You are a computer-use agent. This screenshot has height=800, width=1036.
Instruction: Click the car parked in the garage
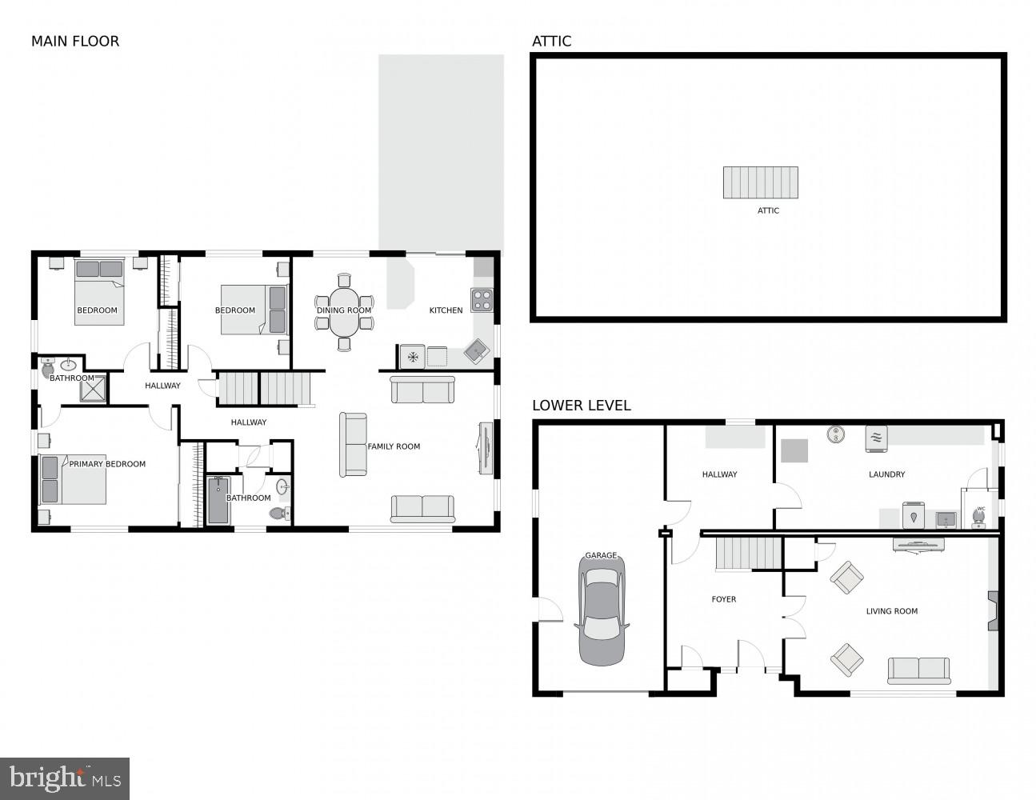click(602, 612)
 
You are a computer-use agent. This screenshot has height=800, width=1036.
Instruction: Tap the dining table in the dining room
click(344, 311)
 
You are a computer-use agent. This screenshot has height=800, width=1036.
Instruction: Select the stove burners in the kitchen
click(482, 300)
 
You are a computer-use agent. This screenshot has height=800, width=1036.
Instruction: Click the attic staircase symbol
click(761, 182)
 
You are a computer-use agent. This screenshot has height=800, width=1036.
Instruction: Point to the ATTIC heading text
click(551, 42)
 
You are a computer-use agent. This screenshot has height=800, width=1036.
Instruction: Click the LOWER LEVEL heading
click(581, 406)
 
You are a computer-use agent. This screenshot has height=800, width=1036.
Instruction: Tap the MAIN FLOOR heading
click(75, 42)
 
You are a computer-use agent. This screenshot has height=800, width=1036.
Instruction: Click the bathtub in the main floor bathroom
click(218, 501)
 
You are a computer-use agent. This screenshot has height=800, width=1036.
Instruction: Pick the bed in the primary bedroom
click(74, 480)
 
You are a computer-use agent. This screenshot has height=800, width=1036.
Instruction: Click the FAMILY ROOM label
click(394, 446)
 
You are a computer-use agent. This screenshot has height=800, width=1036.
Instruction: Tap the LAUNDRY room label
click(886, 474)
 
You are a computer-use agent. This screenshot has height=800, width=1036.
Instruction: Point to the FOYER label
click(724, 599)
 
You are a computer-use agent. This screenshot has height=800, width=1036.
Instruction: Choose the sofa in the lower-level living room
click(918, 670)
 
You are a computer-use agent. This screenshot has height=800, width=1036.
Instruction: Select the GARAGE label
click(601, 555)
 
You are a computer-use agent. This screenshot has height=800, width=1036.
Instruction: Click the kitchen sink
click(478, 350)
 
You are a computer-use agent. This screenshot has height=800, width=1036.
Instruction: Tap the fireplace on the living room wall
click(993, 610)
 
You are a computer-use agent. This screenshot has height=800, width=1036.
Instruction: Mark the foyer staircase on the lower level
click(748, 554)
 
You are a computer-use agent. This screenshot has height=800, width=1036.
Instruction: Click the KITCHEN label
click(446, 310)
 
